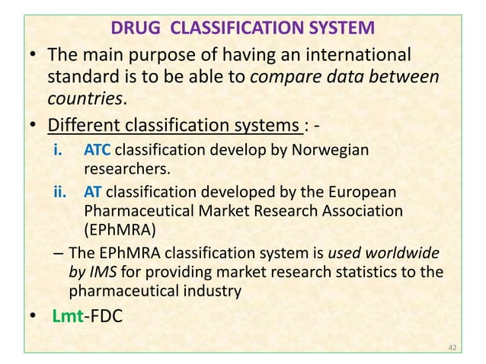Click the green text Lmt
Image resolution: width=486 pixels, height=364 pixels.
tap(66, 316)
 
